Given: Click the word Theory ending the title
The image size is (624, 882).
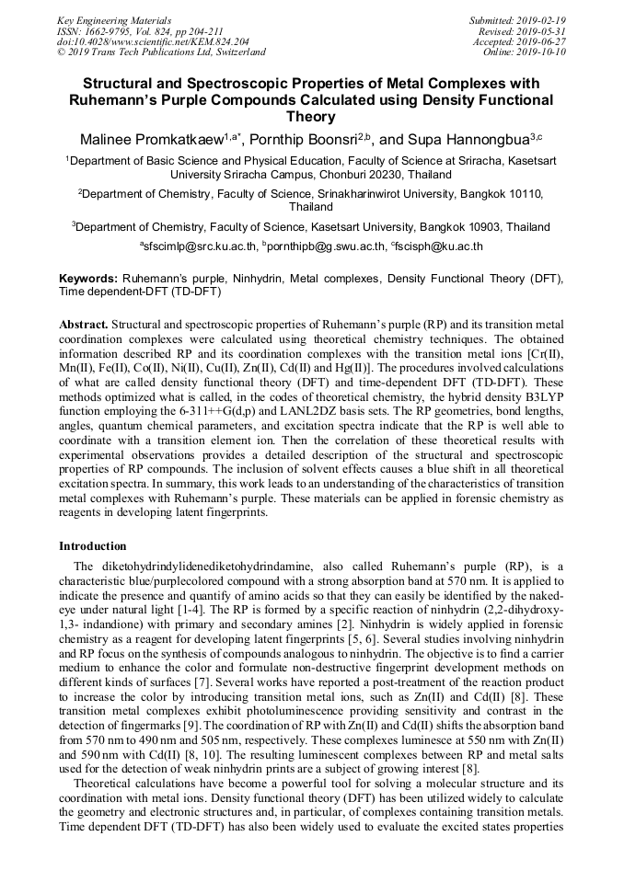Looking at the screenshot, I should point(311,117).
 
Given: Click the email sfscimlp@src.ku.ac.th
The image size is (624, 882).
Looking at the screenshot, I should point(199,247).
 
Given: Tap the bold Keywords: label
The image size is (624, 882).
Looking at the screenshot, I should point(88,278).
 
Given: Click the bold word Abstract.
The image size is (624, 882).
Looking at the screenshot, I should point(84,325).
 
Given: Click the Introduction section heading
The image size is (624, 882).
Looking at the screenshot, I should point(93,546).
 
